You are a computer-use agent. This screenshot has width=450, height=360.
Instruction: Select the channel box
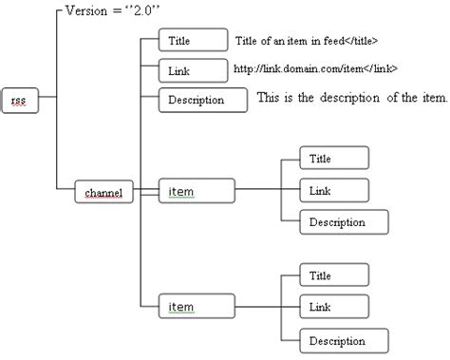click(104, 193)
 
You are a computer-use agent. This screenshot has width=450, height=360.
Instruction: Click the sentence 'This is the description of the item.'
click(352, 98)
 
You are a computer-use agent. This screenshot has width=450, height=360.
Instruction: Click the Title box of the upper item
click(333, 159)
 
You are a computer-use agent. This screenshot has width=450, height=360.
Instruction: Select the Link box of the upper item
click(333, 191)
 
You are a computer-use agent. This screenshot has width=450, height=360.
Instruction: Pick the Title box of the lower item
click(333, 275)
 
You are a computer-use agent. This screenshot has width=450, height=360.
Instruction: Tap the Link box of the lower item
click(333, 307)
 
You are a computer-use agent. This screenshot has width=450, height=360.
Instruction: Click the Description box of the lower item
click(344, 339)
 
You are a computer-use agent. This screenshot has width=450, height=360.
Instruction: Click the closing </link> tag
click(379, 69)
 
